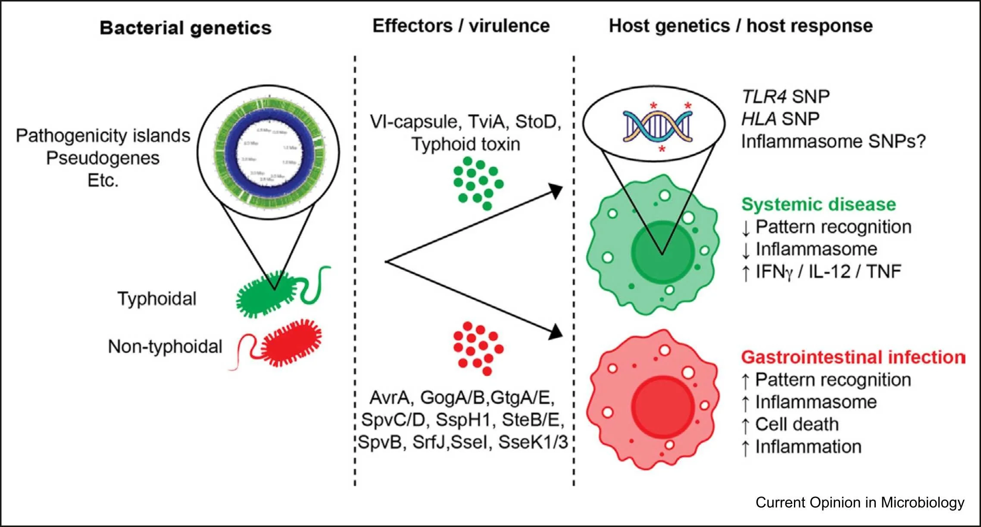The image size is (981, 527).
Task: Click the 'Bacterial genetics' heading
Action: point(185,28)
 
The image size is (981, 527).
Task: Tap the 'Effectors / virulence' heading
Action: point(461,26)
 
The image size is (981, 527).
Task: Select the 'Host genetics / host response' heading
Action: point(740,26)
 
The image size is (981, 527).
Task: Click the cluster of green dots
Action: point(478,183)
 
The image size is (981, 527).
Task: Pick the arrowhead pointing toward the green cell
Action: point(556,190)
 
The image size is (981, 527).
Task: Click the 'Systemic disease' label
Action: point(818,204)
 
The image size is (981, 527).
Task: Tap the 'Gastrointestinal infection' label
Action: point(853,357)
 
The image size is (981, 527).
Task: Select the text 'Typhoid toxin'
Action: point(466,144)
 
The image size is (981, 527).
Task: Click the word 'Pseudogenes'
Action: point(103,158)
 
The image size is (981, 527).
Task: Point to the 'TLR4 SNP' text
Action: point(785,97)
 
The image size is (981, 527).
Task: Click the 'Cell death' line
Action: point(797,424)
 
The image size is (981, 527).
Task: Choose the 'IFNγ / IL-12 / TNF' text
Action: point(828,271)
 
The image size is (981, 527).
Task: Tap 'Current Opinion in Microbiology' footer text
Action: point(859,502)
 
